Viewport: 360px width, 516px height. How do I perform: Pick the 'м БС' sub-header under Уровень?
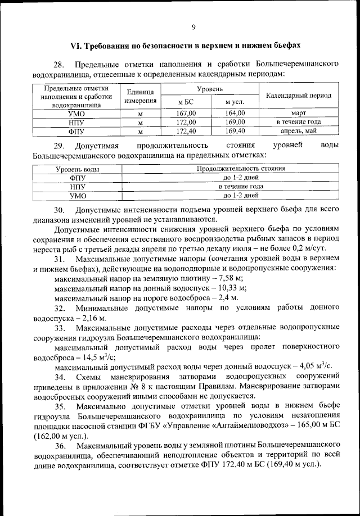[x=186, y=102]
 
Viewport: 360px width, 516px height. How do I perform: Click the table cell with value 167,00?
[x=186, y=113]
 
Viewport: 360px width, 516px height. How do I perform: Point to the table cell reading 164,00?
[x=234, y=113]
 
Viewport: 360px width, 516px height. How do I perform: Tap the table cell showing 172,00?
[x=186, y=122]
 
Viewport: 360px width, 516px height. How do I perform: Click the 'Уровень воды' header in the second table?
[x=77, y=168]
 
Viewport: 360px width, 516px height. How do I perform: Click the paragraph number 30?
[x=60, y=209]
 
